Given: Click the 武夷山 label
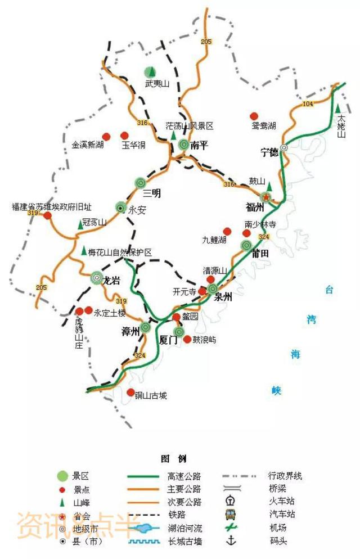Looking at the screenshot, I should click(x=149, y=84).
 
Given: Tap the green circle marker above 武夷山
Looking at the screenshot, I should click(x=150, y=71).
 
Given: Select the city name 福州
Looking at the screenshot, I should click(x=255, y=207).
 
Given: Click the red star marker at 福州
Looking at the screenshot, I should click(x=266, y=197).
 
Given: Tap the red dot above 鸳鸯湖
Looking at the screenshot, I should click(x=254, y=115).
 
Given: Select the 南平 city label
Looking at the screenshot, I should click(x=200, y=145).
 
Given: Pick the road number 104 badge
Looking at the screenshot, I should click(x=307, y=105).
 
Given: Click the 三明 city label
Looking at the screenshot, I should click(x=152, y=193).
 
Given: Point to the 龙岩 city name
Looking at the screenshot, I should click(x=112, y=281).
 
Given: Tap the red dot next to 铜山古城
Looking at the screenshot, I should click(x=130, y=393).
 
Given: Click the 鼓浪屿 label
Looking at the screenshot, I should click(x=204, y=340).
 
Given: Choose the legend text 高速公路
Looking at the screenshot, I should click(x=184, y=476).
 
